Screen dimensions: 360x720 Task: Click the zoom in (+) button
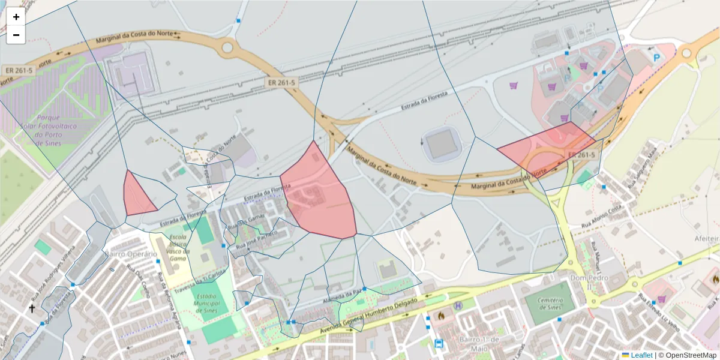click(x=16, y=17)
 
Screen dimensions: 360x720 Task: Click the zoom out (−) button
click(x=16, y=35)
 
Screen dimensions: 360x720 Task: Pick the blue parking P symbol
click(x=657, y=58)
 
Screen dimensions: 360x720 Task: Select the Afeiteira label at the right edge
click(x=706, y=238)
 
